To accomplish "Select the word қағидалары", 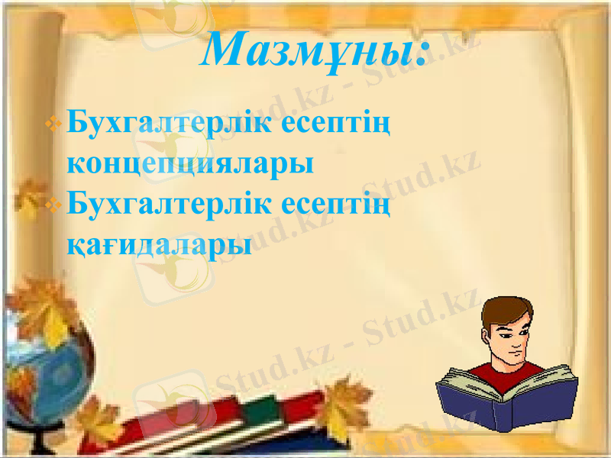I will (160, 244).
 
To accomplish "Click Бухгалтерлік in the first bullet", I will (168, 123).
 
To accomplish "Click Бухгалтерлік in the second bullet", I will (168, 205).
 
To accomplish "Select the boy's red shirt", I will (507, 372).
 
